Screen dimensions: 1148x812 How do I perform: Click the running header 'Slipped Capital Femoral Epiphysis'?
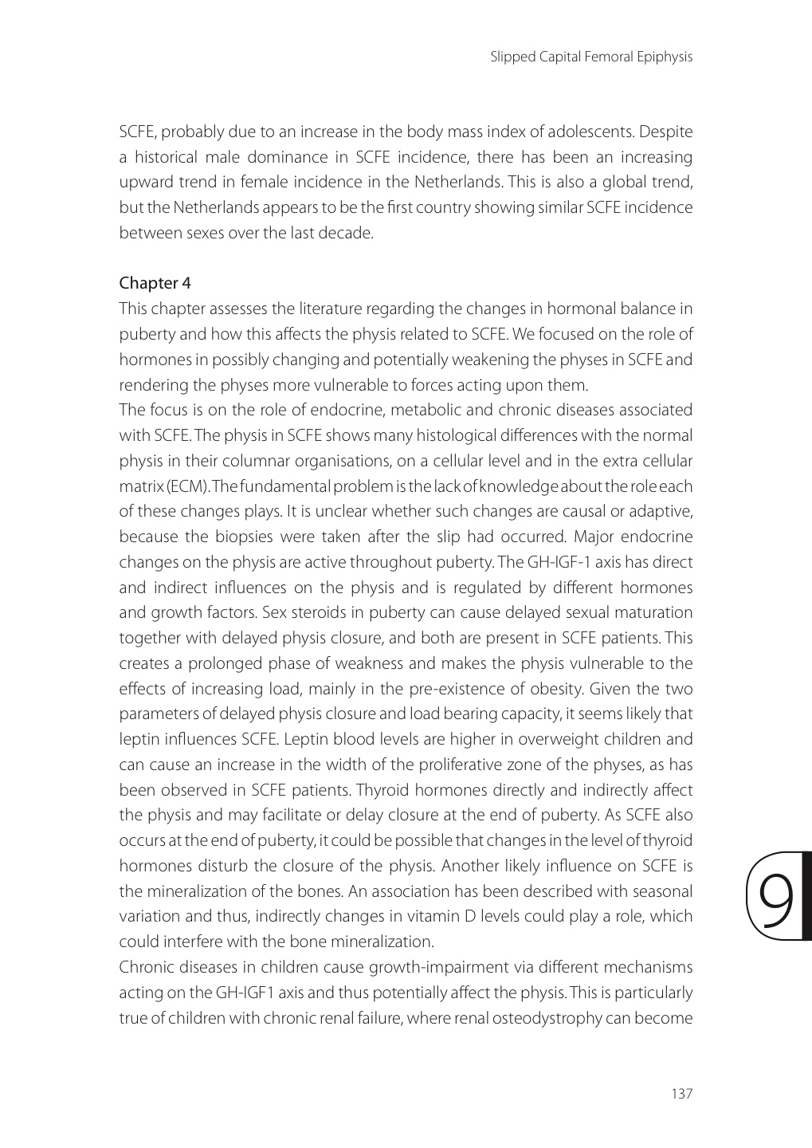point(591,57)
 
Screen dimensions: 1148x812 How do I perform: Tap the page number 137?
point(682,1093)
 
